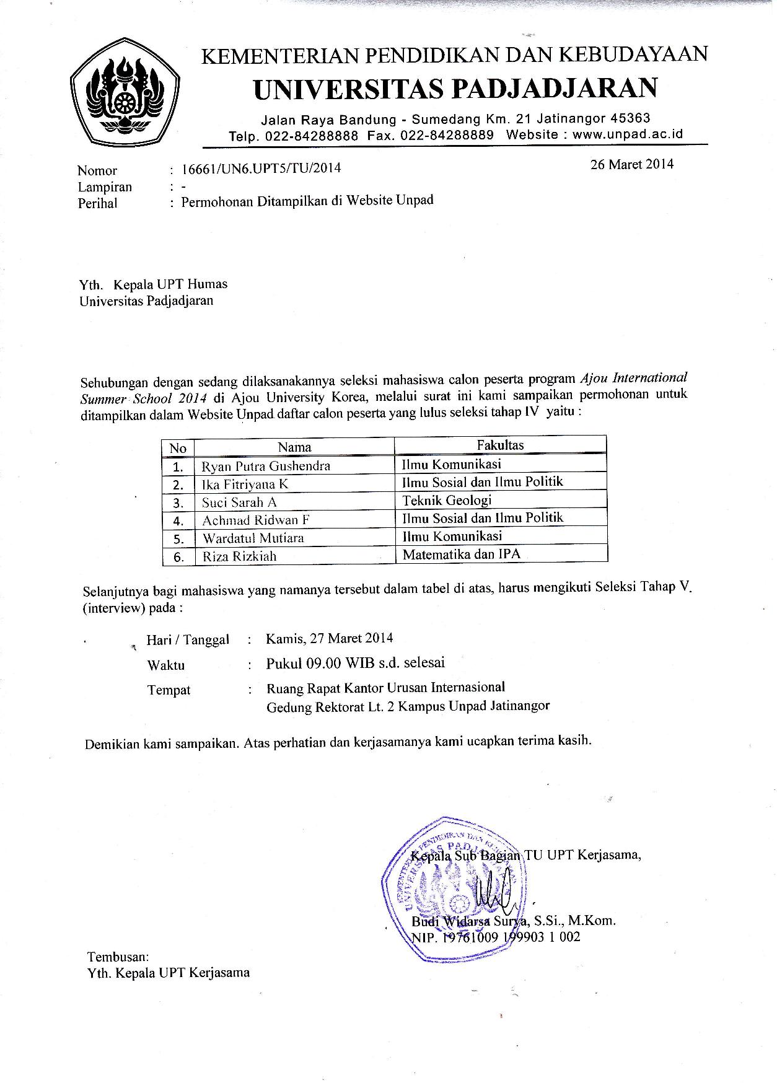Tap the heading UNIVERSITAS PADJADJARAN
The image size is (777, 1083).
point(455,89)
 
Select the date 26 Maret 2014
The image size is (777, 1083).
point(631,164)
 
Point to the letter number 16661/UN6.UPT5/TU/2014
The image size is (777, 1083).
point(261,168)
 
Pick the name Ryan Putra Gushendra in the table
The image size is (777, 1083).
point(266,465)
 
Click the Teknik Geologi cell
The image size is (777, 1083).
point(447,500)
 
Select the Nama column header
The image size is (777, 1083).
point(294,447)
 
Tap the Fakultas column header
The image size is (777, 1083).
point(500,445)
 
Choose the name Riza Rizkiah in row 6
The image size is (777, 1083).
point(239,556)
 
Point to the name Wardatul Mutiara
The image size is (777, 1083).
point(253,537)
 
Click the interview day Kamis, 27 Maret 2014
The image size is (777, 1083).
point(330,638)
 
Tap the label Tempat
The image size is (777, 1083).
point(169,690)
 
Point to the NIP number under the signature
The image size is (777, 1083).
point(496,937)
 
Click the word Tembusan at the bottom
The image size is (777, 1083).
point(118,957)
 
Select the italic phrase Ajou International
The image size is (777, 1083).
point(633,377)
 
